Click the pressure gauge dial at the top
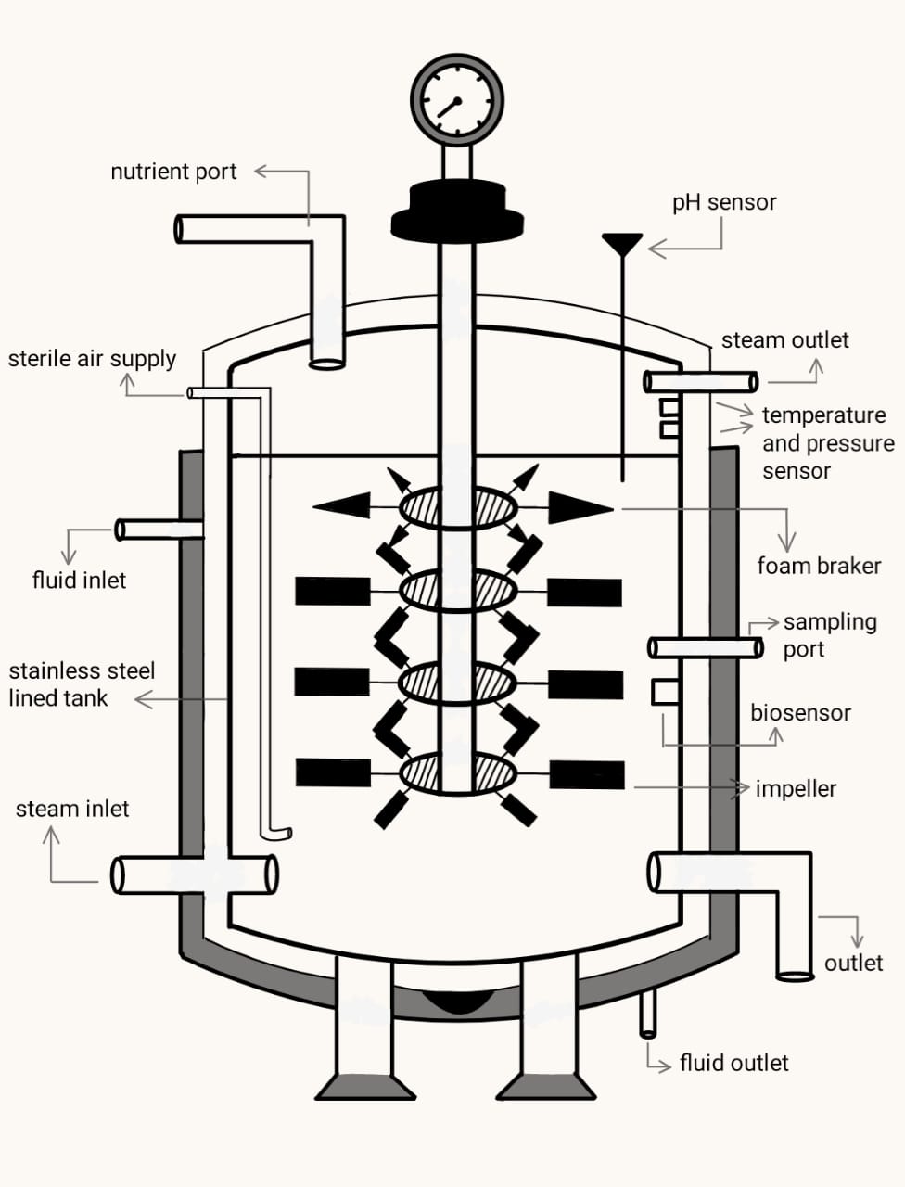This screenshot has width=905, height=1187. point(457,99)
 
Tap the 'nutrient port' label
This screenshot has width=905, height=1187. point(173,172)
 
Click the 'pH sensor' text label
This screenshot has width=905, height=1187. point(724,202)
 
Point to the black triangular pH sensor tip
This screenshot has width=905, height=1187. point(621,244)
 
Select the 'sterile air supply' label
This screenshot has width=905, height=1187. point(92,359)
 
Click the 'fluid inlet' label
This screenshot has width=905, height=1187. point(79,581)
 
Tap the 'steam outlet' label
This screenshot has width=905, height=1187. point(784,340)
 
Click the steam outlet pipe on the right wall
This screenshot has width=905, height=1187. point(700,381)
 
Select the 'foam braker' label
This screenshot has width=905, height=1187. point(819,566)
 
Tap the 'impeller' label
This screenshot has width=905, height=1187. point(796,789)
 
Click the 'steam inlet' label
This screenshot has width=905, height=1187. point(72,809)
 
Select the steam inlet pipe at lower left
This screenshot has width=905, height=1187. point(194,874)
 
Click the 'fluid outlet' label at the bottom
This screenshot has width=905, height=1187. point(733,1063)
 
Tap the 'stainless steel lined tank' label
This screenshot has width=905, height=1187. point(82,684)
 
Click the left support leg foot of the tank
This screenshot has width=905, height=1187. point(364,1086)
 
